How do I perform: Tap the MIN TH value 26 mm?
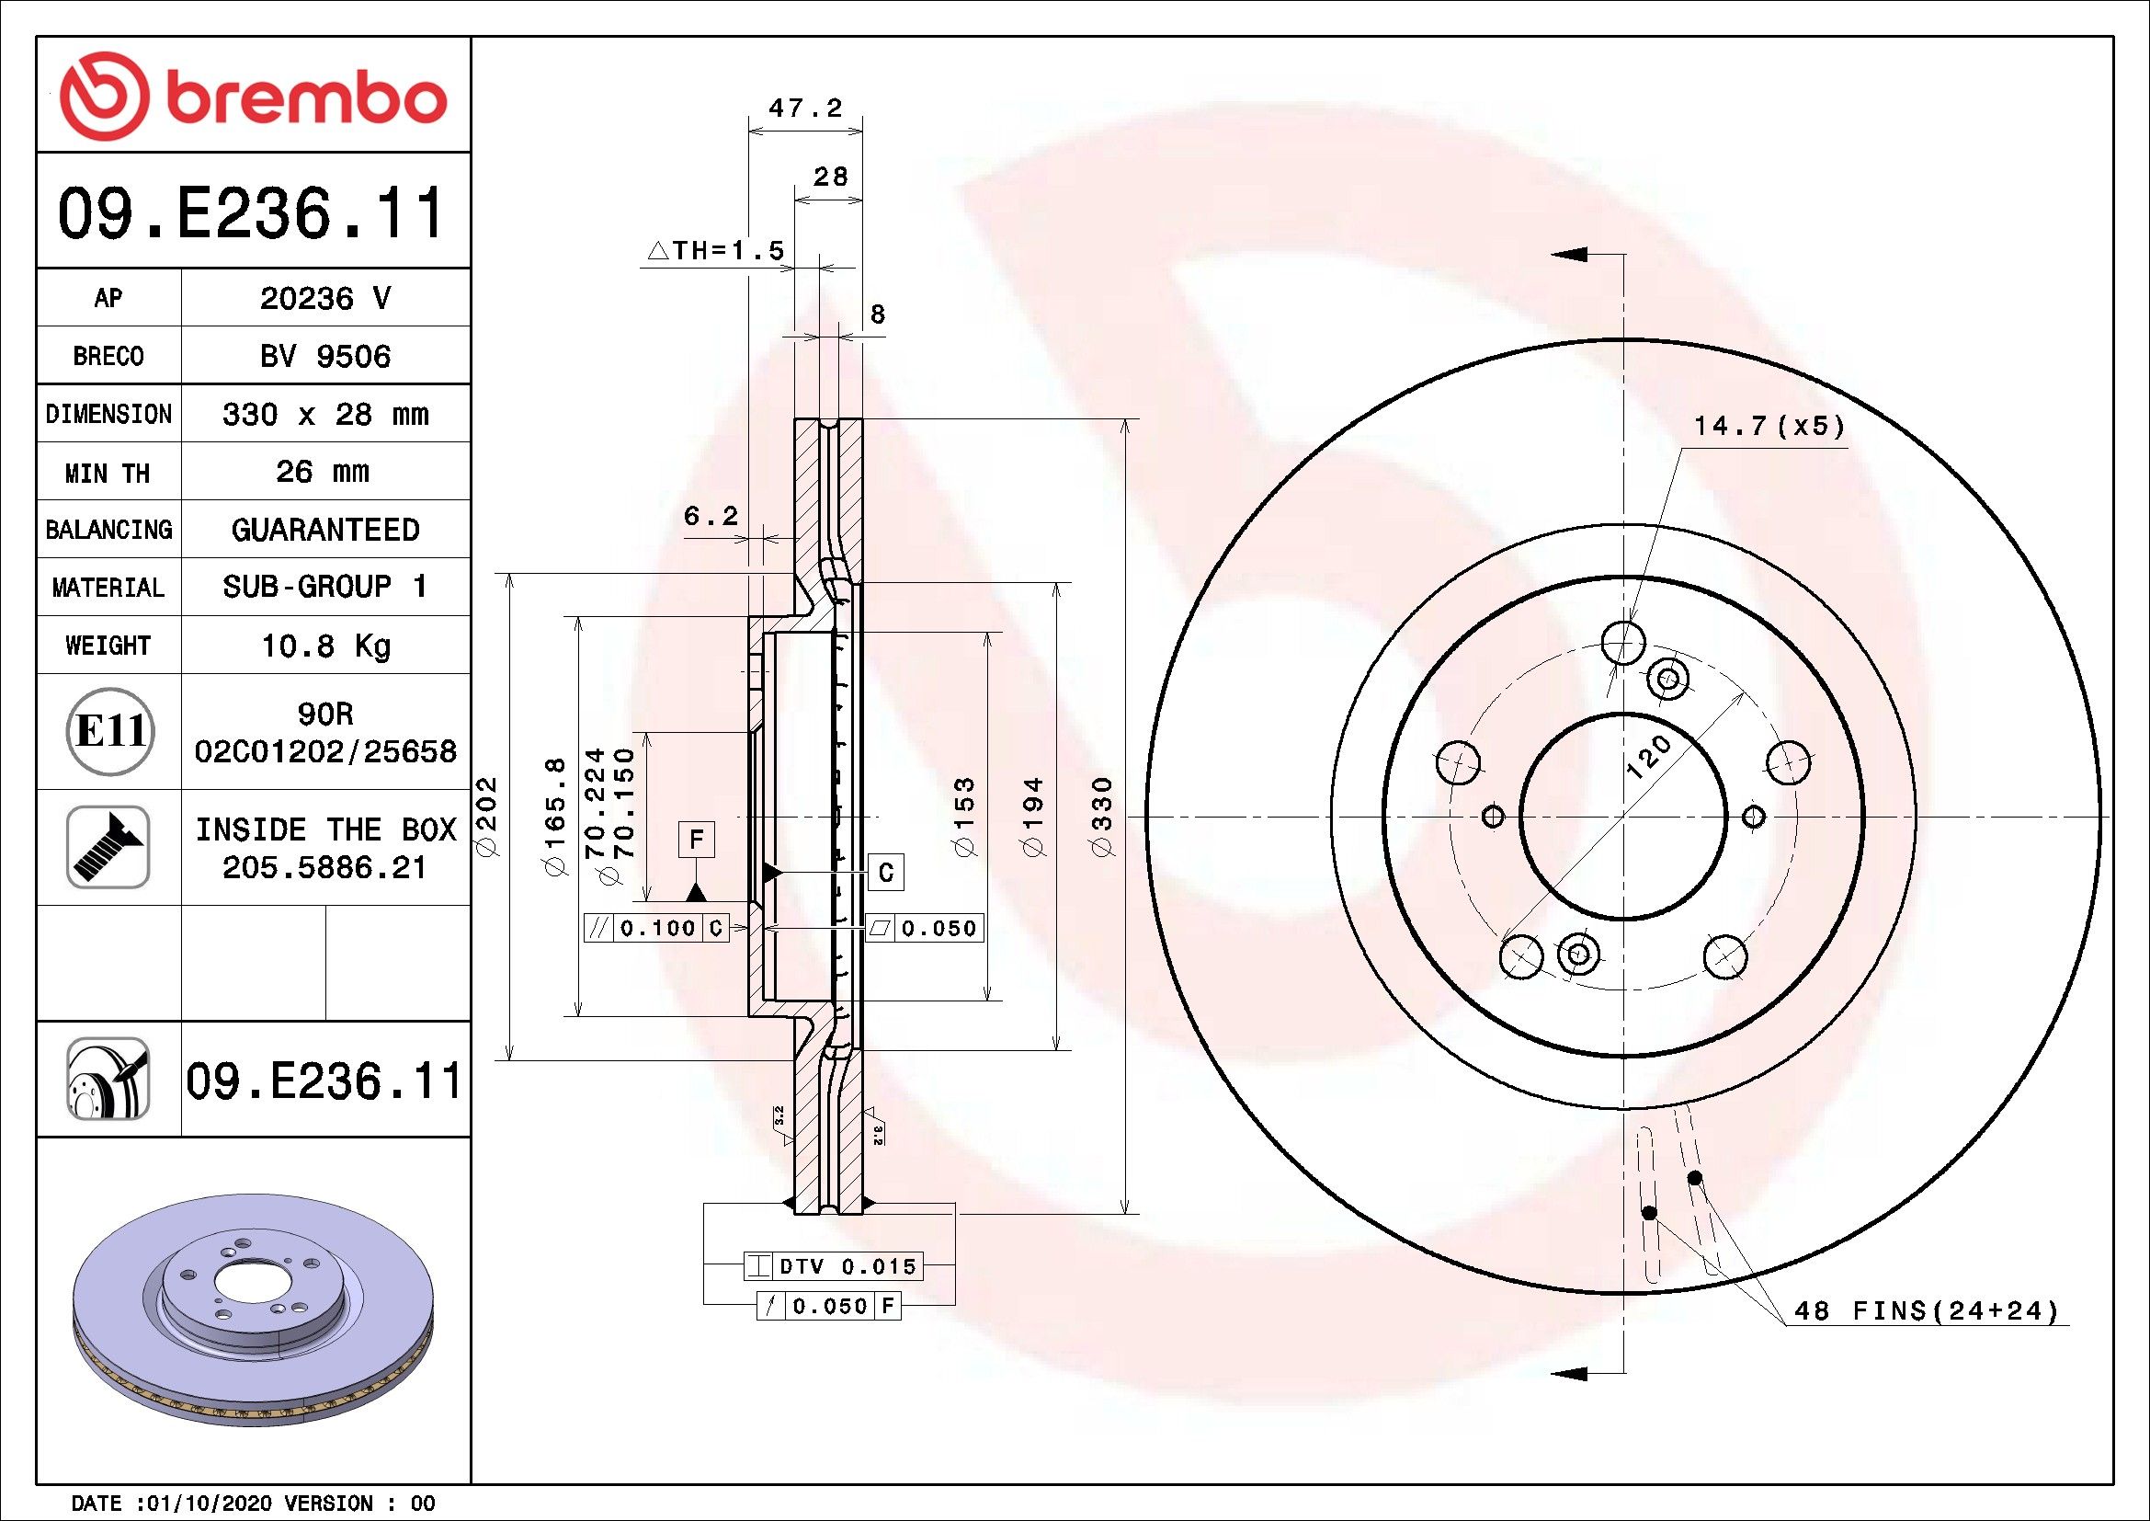[322, 471]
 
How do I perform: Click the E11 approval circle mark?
[109, 731]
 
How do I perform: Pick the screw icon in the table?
[108, 847]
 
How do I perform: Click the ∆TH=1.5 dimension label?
[715, 250]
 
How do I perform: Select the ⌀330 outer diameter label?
[1102, 816]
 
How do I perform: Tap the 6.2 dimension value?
[711, 515]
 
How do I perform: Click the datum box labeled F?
[696, 841]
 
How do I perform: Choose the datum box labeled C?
[886, 873]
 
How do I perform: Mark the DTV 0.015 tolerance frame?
[834, 1266]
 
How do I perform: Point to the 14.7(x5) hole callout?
[1769, 426]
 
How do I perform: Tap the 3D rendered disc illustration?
[253, 1311]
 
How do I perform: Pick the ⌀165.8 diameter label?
[555, 816]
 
